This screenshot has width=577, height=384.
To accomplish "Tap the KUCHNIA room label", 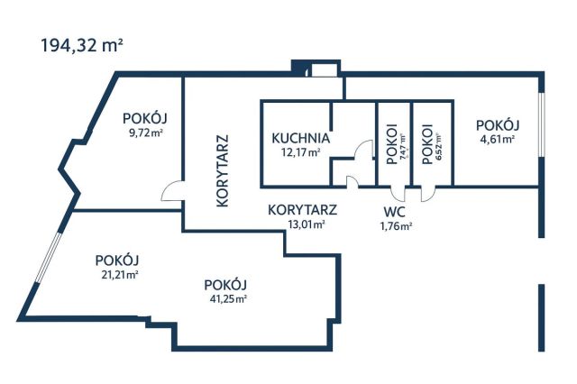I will click(x=300, y=139).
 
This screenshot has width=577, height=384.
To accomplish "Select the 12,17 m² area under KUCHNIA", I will click(x=300, y=153).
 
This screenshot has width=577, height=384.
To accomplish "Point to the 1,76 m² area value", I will click(x=397, y=226).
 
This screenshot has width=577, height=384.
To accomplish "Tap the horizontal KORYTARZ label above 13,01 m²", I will click(x=303, y=210).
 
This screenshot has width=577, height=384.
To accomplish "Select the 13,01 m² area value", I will click(x=303, y=224).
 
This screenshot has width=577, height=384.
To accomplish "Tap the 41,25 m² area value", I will click(x=225, y=298).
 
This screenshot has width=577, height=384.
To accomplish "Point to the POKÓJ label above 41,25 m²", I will click(x=225, y=284).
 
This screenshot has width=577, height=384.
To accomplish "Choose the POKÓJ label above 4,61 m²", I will click(x=498, y=125).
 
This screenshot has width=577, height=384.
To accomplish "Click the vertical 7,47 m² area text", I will click(x=403, y=144).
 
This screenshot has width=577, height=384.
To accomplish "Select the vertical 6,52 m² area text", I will click(x=440, y=144).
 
